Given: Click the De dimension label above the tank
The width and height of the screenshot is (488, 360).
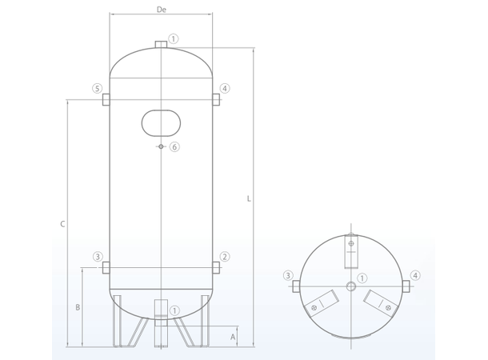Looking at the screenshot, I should tap(161, 10).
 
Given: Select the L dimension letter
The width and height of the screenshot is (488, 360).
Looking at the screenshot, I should tap(249, 198).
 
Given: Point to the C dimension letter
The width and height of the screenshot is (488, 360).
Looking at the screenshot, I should tap(62, 224).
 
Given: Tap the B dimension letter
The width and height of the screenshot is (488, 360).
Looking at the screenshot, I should tap(78, 307).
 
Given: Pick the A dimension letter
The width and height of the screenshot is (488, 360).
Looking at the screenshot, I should tap(233, 337).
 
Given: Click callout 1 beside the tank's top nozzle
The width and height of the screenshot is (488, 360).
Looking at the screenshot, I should tap(174, 38).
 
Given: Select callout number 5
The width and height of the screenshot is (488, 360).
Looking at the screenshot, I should tap(97, 88).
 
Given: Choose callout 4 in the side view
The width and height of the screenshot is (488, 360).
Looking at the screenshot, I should tap(225, 88).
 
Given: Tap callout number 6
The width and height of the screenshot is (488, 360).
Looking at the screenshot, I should tap(175, 146).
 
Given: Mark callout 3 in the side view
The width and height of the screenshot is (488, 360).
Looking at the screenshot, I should tap(98, 257).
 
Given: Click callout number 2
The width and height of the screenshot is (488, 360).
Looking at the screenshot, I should tap(225, 257).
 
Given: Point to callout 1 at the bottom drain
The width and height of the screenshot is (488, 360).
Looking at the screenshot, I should tap(174, 310).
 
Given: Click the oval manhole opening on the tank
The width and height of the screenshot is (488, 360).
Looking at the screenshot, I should tap(161, 122).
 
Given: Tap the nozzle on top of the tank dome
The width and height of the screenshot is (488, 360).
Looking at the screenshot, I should tap(161, 42).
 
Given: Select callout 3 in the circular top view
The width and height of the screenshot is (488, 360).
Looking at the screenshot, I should tap(288, 276).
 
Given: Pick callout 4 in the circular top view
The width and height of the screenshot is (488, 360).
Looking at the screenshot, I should tap(415, 276).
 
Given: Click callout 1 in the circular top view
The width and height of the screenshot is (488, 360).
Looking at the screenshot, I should tap(362, 278).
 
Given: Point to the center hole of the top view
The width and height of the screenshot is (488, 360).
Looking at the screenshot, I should tap(351, 286).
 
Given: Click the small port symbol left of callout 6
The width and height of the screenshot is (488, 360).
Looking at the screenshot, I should tap(161, 146).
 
